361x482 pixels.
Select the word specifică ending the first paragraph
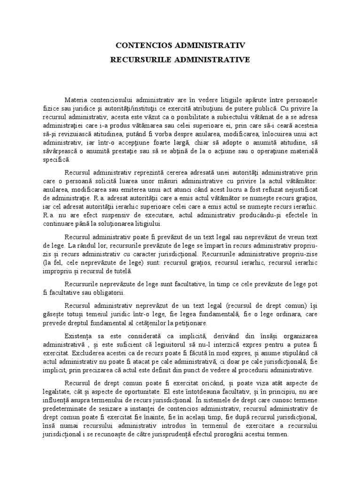tap(70, 161)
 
